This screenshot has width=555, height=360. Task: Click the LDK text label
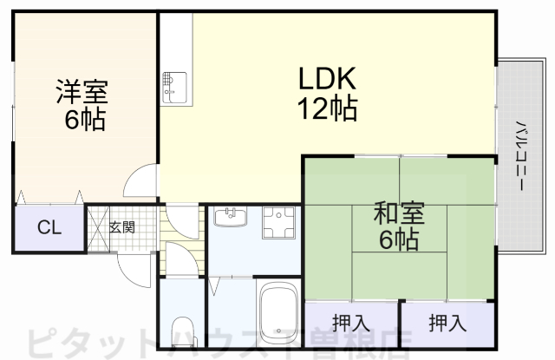tap(328, 81)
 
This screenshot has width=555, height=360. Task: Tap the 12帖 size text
tap(328, 110)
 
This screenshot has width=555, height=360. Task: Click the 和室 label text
tap(399, 213)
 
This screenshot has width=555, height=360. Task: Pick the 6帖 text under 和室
tap(399, 239)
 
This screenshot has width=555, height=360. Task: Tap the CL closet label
tap(49, 228)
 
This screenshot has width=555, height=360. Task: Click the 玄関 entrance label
tap(122, 228)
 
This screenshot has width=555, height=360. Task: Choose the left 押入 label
tap(350, 324)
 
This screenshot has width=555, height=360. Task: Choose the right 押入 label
tap(447, 324)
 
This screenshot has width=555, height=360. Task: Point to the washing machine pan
tap(279, 222)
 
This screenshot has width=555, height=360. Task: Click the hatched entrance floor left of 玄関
tap(96, 227)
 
